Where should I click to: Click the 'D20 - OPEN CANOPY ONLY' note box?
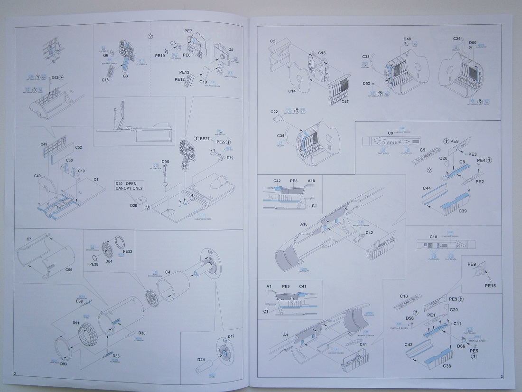[x=129, y=185]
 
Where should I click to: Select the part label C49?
[x=44, y=144]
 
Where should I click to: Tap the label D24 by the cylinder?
[x=201, y=360]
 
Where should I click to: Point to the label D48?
[x=407, y=39]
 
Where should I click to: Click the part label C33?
[x=366, y=57]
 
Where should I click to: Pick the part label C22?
[x=274, y=112]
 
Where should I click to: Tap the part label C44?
[x=426, y=189]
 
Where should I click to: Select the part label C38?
[x=447, y=366]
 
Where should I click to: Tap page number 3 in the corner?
[x=501, y=377]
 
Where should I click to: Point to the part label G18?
[x=106, y=81]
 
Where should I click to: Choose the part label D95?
[x=165, y=162]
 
